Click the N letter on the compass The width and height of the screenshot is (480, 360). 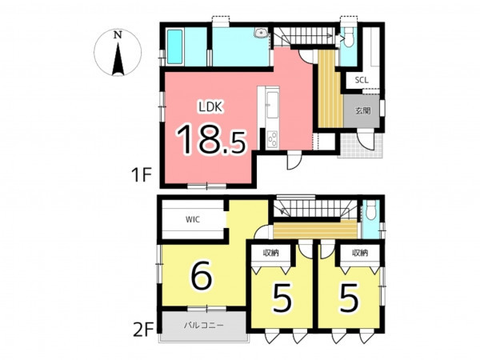point(118,35)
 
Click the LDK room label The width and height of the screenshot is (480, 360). point(210,107)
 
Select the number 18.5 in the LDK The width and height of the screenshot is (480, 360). point(211,139)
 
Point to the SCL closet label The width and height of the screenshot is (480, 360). point(362,80)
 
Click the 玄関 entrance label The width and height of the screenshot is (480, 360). point(362,110)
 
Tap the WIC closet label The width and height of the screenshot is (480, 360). point(193,219)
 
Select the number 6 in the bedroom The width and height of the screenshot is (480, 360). point(201,275)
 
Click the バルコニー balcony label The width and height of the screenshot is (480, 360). point(204,325)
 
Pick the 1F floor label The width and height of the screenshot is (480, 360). point(142,175)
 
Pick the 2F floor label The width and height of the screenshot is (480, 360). point(143,331)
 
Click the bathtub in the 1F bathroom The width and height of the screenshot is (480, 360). point(174,47)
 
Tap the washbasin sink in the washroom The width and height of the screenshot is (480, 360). point(261,33)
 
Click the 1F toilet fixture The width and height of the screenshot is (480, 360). point(348,38)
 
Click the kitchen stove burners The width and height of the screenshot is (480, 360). point(273,138)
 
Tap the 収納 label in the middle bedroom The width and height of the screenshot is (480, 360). point(270,254)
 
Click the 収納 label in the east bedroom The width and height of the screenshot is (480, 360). point(360,253)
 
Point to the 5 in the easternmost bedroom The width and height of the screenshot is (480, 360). point(350,297)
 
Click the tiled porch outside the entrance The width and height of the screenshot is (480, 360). point(360,146)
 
